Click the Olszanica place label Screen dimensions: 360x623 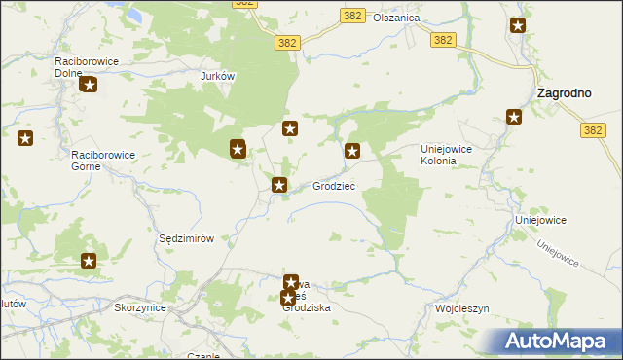(x=395, y=18)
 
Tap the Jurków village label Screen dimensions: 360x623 (x=219, y=76)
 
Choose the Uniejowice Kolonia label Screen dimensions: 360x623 (x=452, y=155)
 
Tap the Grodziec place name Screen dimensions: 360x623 (x=334, y=185)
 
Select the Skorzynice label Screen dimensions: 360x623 (x=140, y=307)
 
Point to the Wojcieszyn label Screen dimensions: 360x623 (x=460, y=308)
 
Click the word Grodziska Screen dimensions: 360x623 (x=308, y=307)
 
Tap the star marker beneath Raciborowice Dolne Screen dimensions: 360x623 (x=90, y=86)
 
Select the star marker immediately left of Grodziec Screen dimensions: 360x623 (x=280, y=184)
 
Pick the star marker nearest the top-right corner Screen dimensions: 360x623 (x=518, y=25)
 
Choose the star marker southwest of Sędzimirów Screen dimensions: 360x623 (x=89, y=260)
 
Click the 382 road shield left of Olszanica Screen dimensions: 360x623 (x=352, y=17)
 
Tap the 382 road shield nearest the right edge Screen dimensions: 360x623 (x=591, y=129)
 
